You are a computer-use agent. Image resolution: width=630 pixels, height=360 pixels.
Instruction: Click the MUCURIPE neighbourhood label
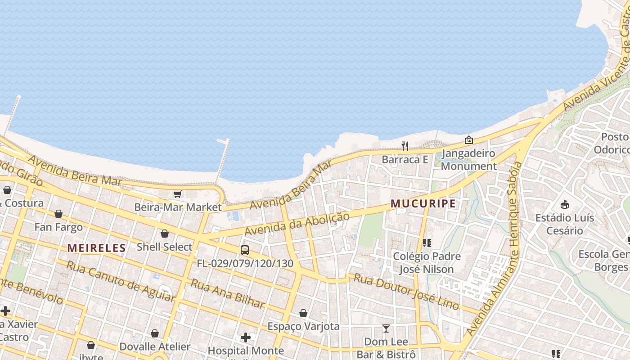click(x=423, y=204)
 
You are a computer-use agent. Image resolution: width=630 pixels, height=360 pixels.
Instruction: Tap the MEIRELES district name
click(x=97, y=247)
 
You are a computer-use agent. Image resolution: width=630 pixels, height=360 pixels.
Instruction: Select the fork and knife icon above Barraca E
click(x=405, y=146)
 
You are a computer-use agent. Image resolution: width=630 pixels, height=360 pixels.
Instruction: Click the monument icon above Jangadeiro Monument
click(x=469, y=140)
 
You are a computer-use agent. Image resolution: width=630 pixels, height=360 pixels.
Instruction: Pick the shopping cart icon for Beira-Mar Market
click(x=177, y=194)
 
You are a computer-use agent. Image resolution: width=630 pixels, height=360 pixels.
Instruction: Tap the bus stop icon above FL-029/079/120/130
click(x=245, y=250)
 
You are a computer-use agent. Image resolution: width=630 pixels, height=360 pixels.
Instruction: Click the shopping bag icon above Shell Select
click(x=165, y=234)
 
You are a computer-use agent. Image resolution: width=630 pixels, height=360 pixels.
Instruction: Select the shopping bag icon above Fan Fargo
click(x=58, y=214)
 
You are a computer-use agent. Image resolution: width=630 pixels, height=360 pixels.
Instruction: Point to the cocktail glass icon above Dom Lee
click(x=386, y=328)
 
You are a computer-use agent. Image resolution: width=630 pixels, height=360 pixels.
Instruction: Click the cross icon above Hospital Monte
click(x=246, y=337)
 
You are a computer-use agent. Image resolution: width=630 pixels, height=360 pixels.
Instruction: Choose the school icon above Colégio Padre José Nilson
click(x=427, y=243)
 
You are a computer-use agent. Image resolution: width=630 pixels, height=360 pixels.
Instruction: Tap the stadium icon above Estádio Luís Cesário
click(x=565, y=205)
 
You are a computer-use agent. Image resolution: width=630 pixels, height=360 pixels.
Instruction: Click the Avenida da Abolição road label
click(x=297, y=224)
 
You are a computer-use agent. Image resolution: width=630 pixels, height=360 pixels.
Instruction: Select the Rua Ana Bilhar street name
click(x=228, y=294)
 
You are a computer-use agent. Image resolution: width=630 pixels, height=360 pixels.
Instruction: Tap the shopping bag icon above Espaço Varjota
click(x=304, y=313)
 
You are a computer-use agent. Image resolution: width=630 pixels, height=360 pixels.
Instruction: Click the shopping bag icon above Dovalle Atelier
click(x=155, y=333)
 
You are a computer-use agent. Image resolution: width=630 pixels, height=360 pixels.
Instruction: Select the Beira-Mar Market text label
click(x=178, y=207)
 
